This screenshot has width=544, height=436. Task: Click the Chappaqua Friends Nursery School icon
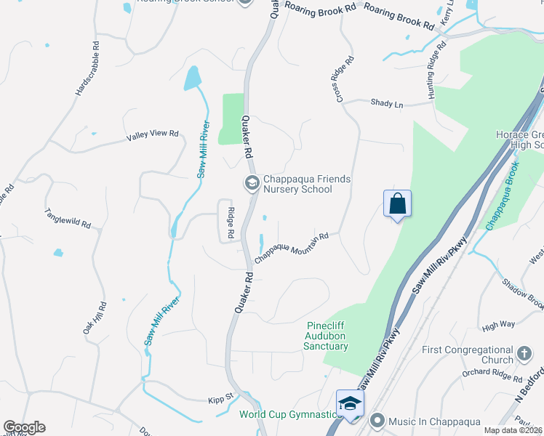(x=252, y=183)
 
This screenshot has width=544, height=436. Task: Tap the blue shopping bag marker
(x=397, y=204)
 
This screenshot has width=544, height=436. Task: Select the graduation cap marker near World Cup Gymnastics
(x=350, y=403)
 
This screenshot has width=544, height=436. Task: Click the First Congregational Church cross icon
(x=524, y=355)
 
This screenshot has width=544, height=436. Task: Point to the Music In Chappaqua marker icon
(x=377, y=421)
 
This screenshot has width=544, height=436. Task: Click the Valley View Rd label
(x=152, y=134)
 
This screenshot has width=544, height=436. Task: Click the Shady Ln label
(x=386, y=105)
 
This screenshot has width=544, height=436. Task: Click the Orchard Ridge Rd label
(x=492, y=376)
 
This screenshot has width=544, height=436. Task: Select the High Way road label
(x=498, y=326)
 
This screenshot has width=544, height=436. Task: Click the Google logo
(x=24, y=427)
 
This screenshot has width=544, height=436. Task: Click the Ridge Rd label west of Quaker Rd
(x=231, y=225)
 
